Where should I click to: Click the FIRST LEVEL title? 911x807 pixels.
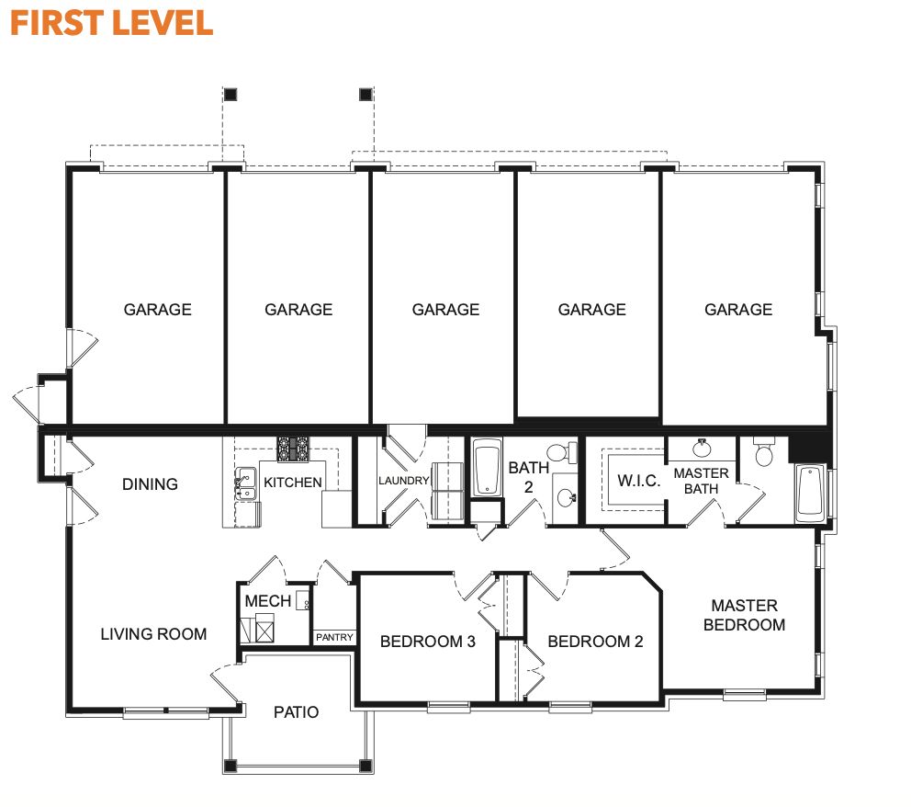coord(111,22)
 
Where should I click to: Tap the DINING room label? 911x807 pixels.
coord(150,484)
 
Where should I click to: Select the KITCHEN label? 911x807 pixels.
coord(293,483)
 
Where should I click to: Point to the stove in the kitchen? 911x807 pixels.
coord(294,448)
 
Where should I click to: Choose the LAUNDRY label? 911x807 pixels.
coord(403,481)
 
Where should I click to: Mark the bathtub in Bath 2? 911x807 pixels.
coord(487,469)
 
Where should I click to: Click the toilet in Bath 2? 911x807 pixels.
coord(558,453)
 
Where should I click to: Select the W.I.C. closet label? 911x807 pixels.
coord(639,481)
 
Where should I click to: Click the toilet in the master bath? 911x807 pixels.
coord(763,453)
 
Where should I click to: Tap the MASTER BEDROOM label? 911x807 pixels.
coord(744,615)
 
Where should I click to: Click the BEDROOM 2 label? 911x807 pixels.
coord(595,642)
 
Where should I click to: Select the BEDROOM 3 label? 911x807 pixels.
coord(427,642)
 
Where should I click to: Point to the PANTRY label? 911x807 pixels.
coord(334,637)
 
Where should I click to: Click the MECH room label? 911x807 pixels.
coord(267,601)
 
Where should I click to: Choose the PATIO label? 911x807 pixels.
coord(296,712)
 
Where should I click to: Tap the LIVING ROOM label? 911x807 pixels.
coord(153,633)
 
